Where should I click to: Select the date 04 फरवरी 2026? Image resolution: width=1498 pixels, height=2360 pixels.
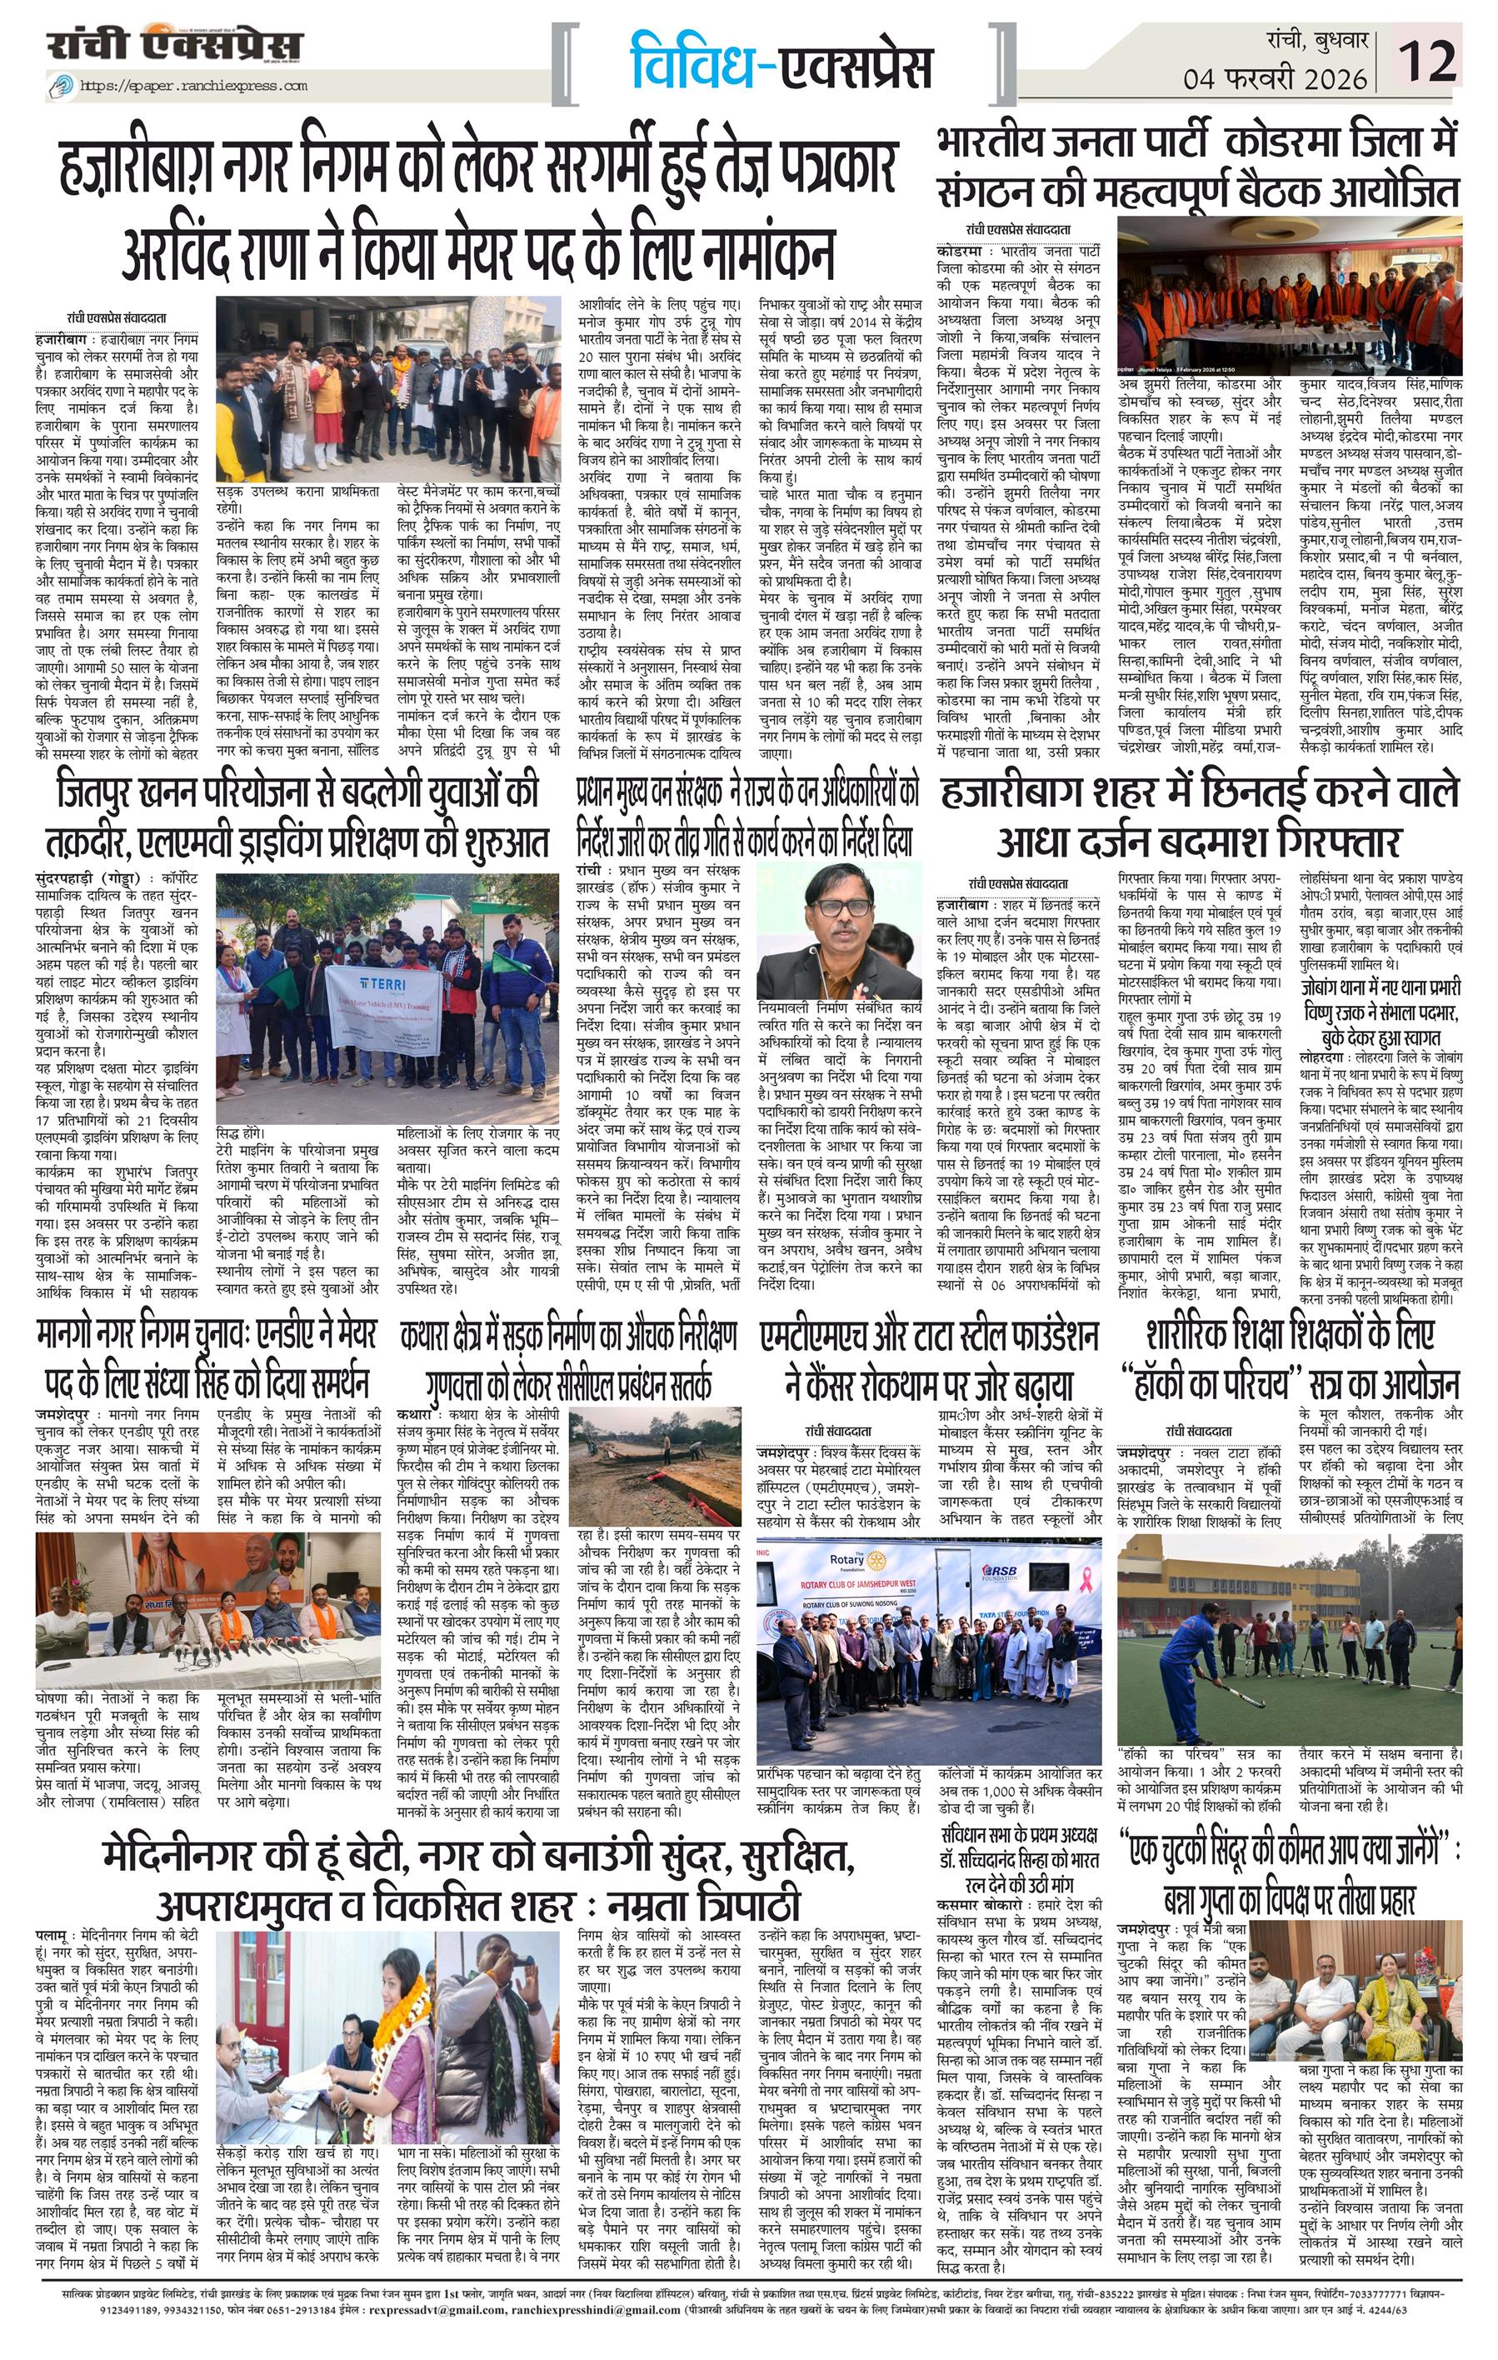tap(1274, 77)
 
